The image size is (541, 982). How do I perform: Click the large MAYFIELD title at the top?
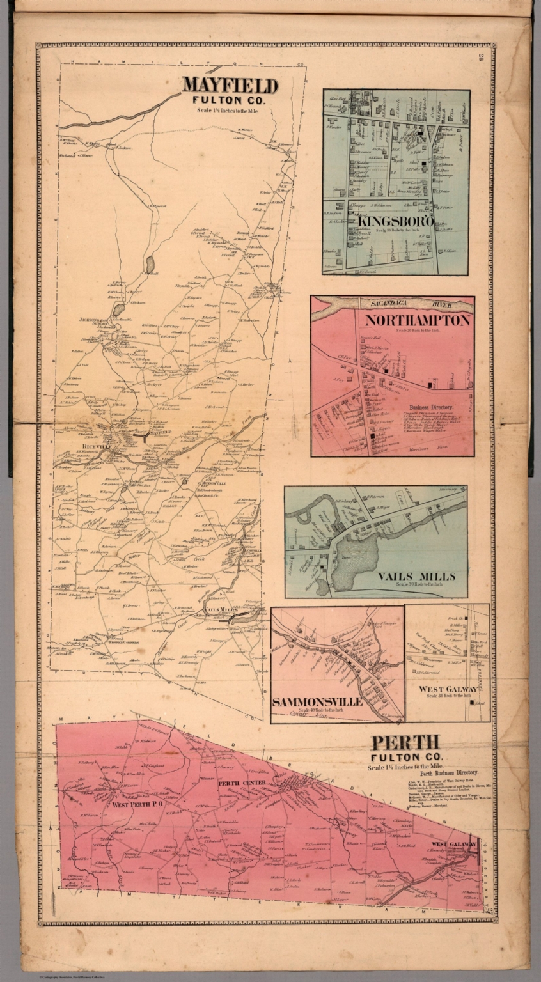tap(230, 86)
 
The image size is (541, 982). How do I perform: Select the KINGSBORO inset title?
tap(396, 221)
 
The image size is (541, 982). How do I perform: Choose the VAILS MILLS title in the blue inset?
tap(416, 576)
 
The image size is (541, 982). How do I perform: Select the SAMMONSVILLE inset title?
tap(318, 702)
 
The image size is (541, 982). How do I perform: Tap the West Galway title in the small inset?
tap(448, 689)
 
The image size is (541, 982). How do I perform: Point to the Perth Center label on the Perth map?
tap(237, 783)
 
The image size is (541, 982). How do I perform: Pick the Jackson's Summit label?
tap(91, 322)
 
